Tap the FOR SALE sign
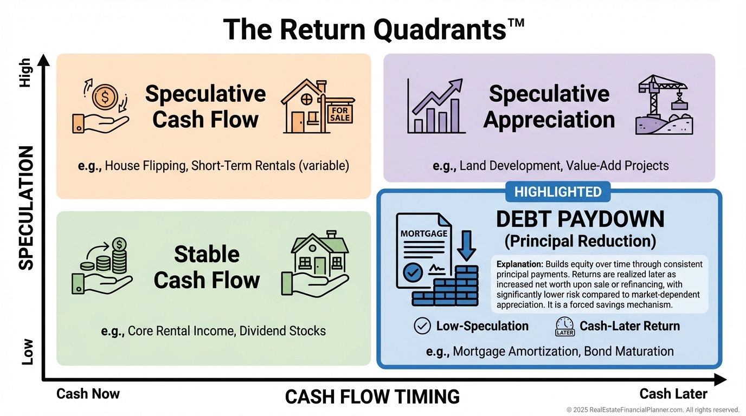[340, 114]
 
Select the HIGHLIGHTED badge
[557, 192]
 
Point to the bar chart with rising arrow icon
[436, 106]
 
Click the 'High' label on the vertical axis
[26, 73]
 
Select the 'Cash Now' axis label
[88, 394]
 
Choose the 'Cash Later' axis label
[673, 394]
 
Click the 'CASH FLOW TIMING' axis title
[372, 397]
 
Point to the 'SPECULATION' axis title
[26, 208]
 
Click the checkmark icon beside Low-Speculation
[422, 326]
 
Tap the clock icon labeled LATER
[565, 326]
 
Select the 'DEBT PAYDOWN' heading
[580, 219]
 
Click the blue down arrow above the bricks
[466, 246]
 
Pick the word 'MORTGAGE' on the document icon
[424, 233]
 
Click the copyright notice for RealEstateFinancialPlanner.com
[653, 410]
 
